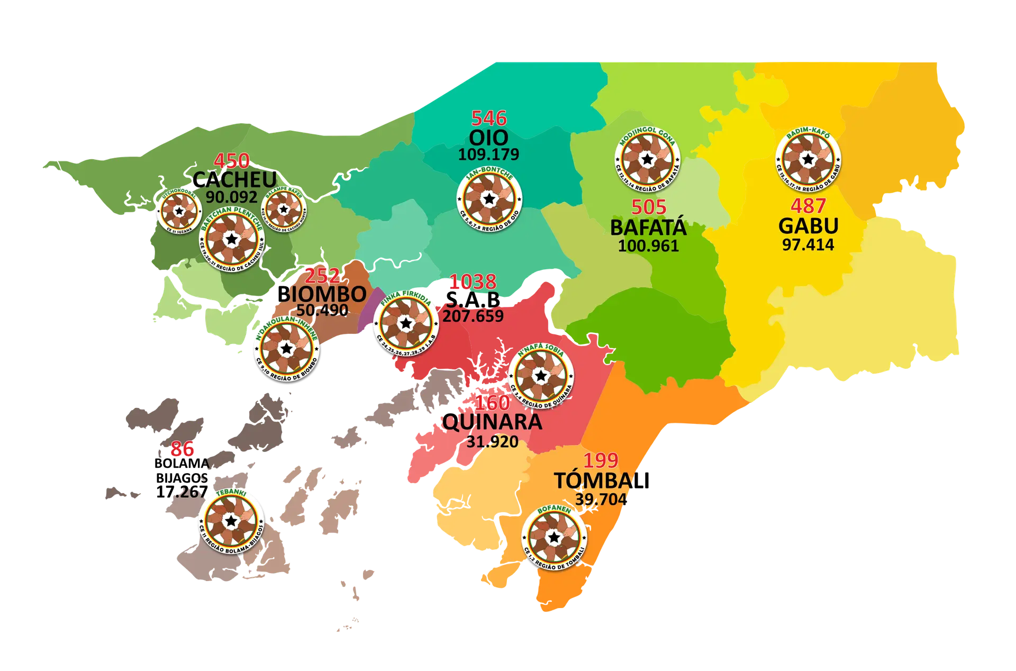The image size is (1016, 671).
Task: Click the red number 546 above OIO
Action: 489,118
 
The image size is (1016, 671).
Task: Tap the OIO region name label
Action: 488,138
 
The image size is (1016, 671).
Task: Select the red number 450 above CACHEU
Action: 231,161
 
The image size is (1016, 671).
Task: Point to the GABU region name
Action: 808,226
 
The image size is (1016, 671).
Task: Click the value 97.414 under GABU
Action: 808,244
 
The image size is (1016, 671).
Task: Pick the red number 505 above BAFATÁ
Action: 649,207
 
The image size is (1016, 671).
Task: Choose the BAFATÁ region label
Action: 648,228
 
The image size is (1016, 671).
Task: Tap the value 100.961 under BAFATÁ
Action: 648,246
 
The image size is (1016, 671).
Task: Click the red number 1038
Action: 473,282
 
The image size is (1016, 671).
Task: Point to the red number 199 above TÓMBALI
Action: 601,460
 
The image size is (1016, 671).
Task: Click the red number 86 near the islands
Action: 182,449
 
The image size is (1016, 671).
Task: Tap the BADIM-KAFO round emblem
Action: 808,159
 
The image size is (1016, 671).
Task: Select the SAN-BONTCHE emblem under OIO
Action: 489,198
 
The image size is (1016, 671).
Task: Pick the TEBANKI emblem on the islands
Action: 231,520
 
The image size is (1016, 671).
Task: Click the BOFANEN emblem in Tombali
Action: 554,537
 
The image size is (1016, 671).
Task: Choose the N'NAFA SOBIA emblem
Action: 540,376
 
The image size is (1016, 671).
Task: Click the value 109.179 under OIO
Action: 488,155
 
